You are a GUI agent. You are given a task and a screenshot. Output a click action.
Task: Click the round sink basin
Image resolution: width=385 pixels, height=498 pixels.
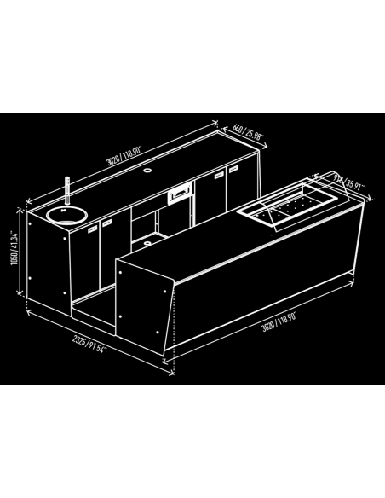pos(63,213)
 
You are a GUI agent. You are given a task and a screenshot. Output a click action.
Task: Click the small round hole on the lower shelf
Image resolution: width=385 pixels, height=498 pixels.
pos(147,241)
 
